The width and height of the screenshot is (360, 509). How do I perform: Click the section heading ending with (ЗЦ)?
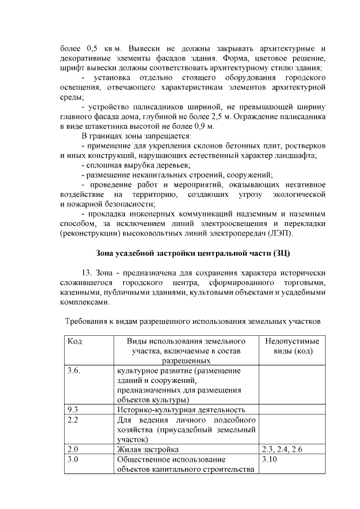(x=193, y=252)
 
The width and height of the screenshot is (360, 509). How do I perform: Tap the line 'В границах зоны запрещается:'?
(x=136, y=136)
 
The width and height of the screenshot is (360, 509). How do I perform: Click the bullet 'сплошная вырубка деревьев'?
(x=136, y=165)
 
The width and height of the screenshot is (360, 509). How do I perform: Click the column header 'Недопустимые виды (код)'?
(x=291, y=346)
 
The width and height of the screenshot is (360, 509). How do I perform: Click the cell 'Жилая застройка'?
(x=148, y=449)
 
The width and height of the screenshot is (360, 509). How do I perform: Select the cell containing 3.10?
(x=271, y=459)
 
